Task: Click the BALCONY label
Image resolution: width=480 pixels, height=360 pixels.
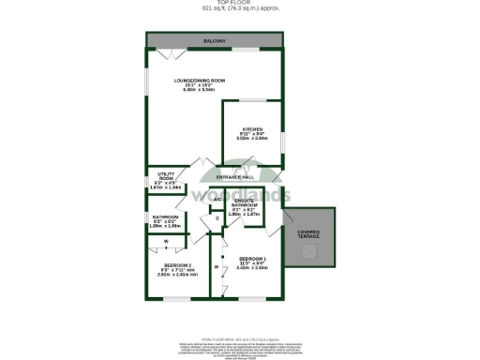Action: click(x=214, y=41)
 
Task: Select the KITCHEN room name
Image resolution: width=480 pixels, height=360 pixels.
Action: click(x=253, y=129)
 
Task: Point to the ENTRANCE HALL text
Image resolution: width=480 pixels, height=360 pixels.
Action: click(x=236, y=176)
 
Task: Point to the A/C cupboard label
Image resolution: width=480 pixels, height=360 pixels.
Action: click(x=217, y=199)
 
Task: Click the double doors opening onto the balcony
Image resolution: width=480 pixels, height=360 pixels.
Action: click(x=167, y=53)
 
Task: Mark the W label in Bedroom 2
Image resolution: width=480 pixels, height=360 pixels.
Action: click(x=165, y=241)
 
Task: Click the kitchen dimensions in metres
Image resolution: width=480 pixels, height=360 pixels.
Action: click(x=253, y=139)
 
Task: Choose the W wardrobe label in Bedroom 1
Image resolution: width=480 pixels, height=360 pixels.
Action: click(x=216, y=267)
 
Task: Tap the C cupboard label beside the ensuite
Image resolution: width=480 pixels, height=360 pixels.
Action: click(x=217, y=219)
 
